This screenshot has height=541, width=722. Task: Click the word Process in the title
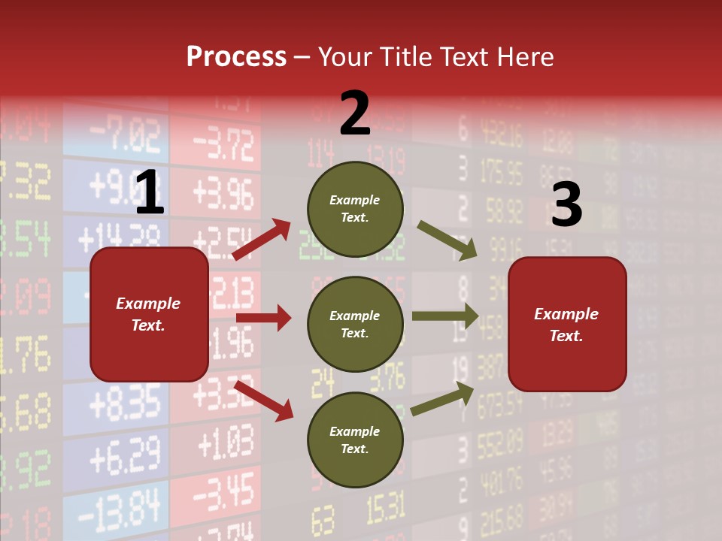236,56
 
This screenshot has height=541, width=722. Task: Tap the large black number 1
150,193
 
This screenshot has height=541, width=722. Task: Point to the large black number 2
355,113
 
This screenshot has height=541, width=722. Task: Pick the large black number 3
567,204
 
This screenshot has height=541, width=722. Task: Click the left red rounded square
149,314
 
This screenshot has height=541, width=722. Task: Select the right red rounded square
567,324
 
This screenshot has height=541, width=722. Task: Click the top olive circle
355,209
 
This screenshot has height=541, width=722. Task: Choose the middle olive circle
355,324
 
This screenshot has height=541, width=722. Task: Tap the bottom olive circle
355,440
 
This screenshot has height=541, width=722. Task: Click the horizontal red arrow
263,318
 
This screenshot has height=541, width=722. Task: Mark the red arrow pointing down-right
263,400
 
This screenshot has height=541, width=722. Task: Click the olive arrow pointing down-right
447,240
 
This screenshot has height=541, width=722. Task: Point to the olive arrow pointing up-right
442,399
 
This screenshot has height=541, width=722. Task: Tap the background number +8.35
125,403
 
